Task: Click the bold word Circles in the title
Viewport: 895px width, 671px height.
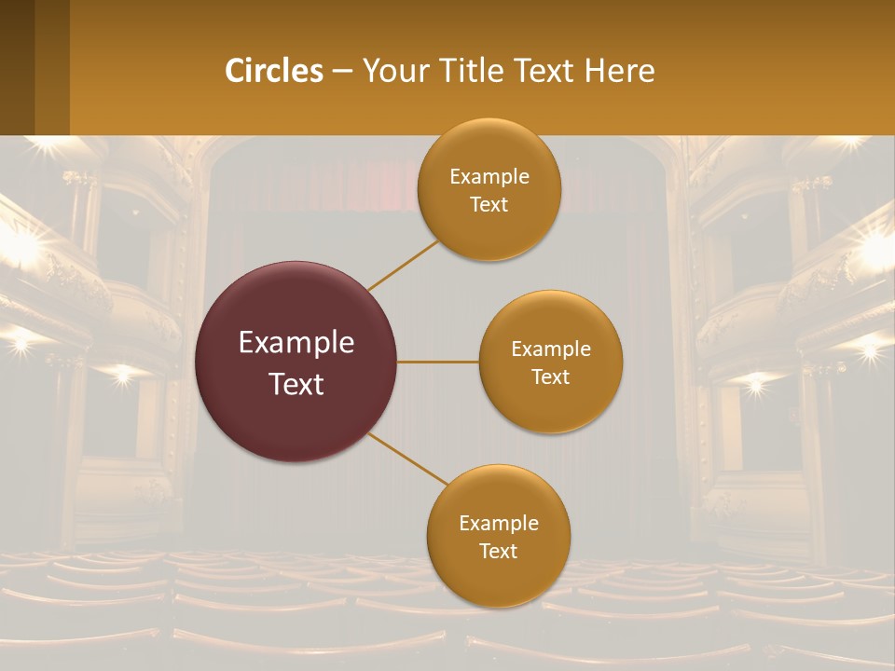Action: click(273, 71)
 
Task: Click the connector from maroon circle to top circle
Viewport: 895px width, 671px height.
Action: click(404, 266)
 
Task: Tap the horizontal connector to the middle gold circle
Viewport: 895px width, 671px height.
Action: click(438, 362)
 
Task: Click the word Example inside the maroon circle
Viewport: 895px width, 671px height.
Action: click(296, 342)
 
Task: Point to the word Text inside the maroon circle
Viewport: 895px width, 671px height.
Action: click(296, 383)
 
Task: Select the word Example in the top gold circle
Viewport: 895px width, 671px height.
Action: click(489, 177)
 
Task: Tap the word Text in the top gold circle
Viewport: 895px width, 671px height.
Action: click(489, 205)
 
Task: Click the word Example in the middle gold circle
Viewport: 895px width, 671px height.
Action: click(551, 349)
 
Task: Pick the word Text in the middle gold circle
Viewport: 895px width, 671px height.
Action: click(550, 377)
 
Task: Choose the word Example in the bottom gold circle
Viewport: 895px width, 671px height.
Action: click(499, 524)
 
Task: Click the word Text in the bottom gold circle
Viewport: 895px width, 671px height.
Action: click(498, 552)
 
